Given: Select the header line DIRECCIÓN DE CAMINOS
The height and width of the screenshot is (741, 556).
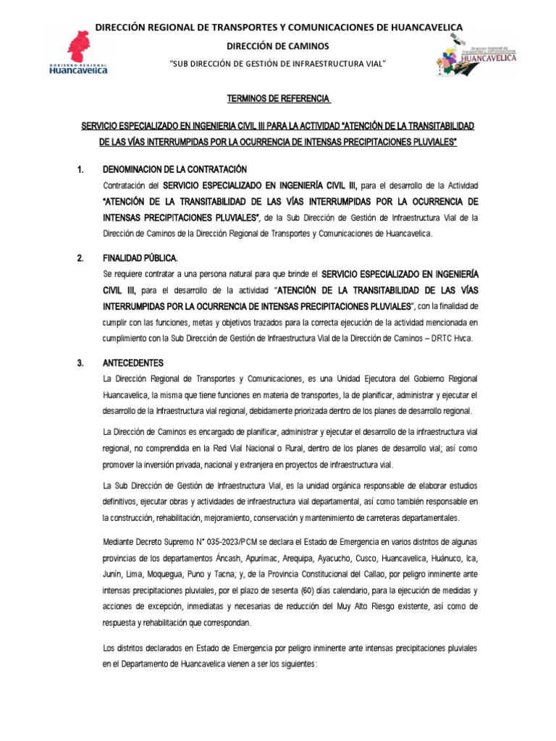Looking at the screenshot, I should pyautogui.click(x=278, y=46).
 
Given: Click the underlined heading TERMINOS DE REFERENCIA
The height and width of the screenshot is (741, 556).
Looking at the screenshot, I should pyautogui.click(x=277, y=98).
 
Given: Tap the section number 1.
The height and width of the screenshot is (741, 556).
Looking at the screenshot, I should pyautogui.click(x=80, y=169).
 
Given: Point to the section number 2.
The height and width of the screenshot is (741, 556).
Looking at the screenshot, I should pyautogui.click(x=80, y=258).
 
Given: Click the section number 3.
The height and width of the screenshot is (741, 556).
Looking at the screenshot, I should pyautogui.click(x=80, y=363).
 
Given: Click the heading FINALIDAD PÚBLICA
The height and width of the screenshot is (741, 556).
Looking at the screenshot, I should pyautogui.click(x=140, y=258).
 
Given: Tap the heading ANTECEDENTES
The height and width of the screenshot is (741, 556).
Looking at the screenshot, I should pyautogui.click(x=134, y=363).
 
